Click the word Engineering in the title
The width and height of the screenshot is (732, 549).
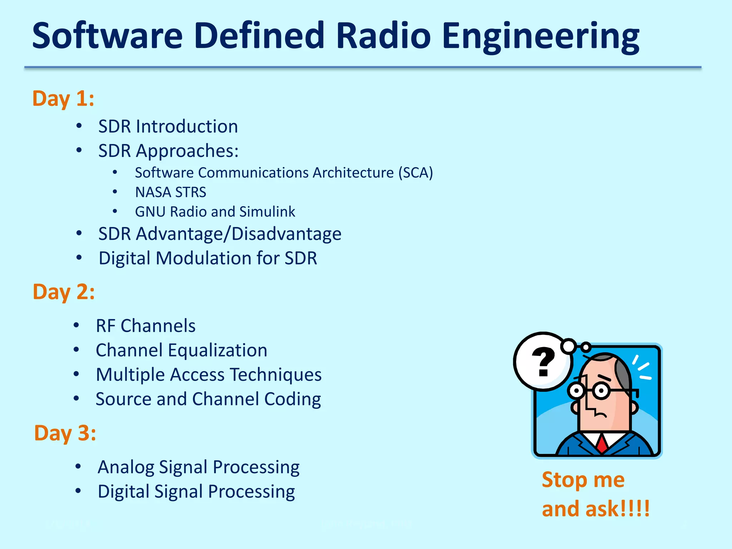[x=540, y=36]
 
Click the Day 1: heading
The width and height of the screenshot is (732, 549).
[x=63, y=98]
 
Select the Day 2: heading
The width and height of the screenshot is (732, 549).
[x=64, y=292]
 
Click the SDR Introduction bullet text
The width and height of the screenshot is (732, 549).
[x=168, y=127]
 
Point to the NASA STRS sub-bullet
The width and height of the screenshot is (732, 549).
[x=170, y=192]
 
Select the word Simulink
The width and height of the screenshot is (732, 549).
[x=267, y=212]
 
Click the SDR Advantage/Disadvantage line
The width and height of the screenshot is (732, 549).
[x=220, y=234]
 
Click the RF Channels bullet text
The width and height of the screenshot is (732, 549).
[x=145, y=326]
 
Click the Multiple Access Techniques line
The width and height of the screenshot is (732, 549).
[x=209, y=375]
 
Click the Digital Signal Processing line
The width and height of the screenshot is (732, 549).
[x=196, y=491]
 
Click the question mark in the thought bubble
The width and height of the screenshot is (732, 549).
[x=543, y=362]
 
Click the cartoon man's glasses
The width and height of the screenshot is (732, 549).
[x=590, y=391]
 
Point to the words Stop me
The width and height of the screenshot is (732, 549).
[x=583, y=480]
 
